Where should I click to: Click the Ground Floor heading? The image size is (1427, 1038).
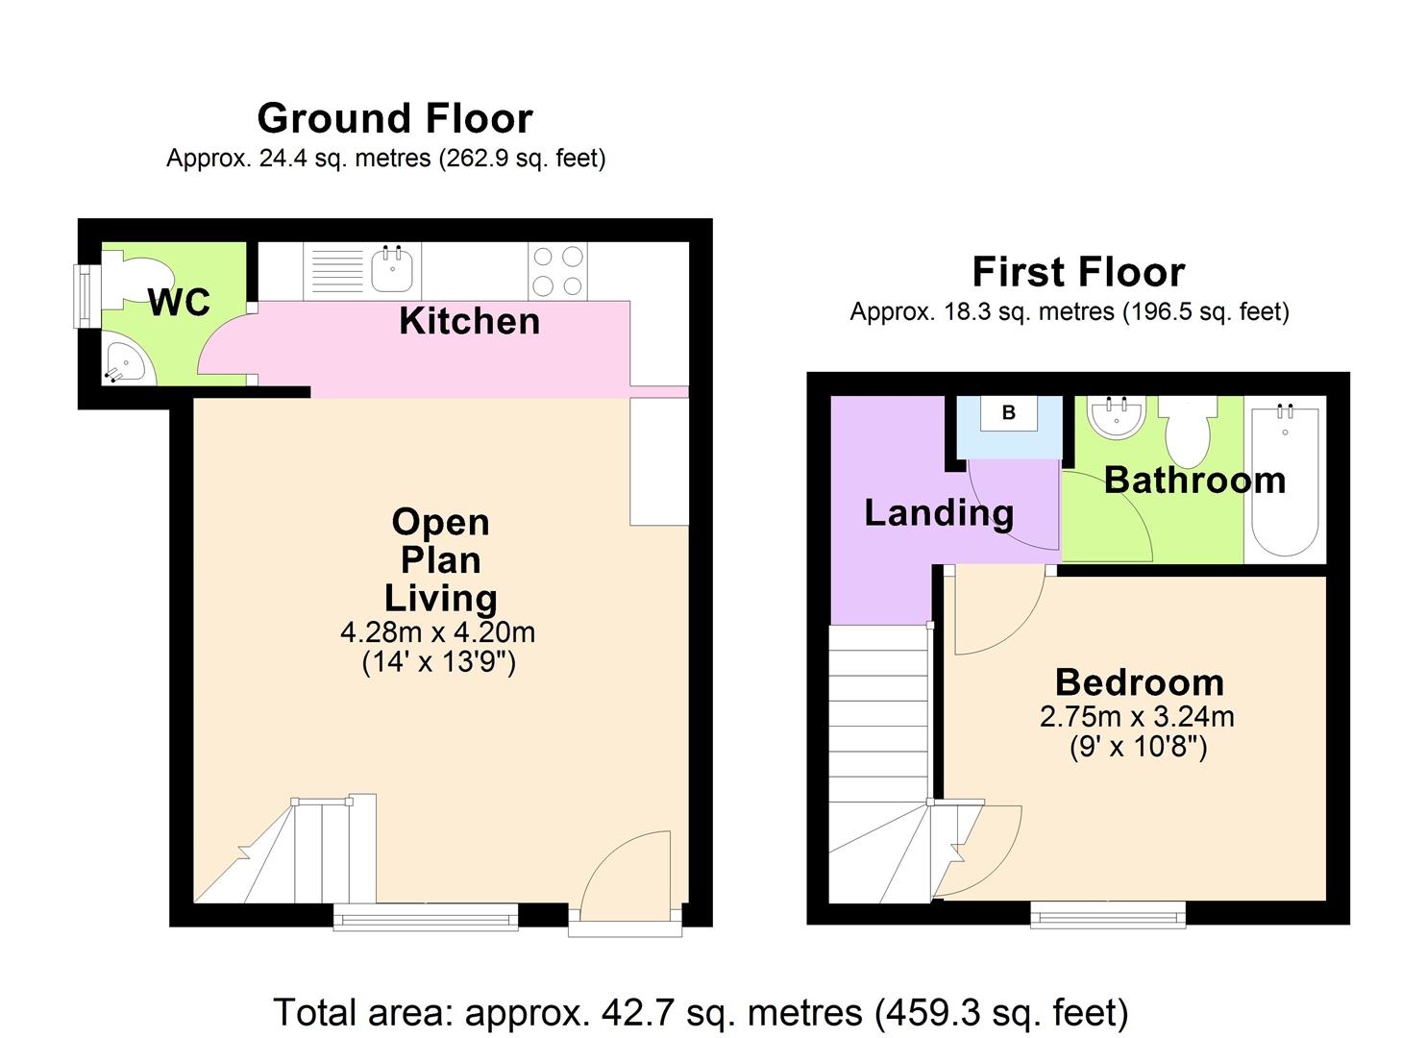(x=394, y=118)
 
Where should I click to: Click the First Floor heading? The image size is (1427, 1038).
(x=1077, y=272)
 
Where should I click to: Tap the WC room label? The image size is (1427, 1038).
(x=179, y=303)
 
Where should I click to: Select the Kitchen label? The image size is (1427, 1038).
(x=469, y=321)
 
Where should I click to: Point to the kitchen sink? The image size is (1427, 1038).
(x=392, y=268)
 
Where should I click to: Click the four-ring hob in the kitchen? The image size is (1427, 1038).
(x=558, y=270)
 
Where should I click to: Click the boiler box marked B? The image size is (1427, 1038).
(x=1008, y=413)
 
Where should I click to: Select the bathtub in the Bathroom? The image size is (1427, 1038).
(x=1285, y=480)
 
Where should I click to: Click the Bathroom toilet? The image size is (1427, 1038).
(x=1187, y=432)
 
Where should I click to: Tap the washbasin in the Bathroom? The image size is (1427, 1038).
(x=1116, y=417)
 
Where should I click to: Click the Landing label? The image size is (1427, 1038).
(x=939, y=513)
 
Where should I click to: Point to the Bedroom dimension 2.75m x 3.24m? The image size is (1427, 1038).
(x=1137, y=717)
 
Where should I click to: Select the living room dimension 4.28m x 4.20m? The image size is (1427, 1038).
(x=437, y=632)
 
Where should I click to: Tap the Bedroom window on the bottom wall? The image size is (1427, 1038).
(x=1108, y=913)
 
